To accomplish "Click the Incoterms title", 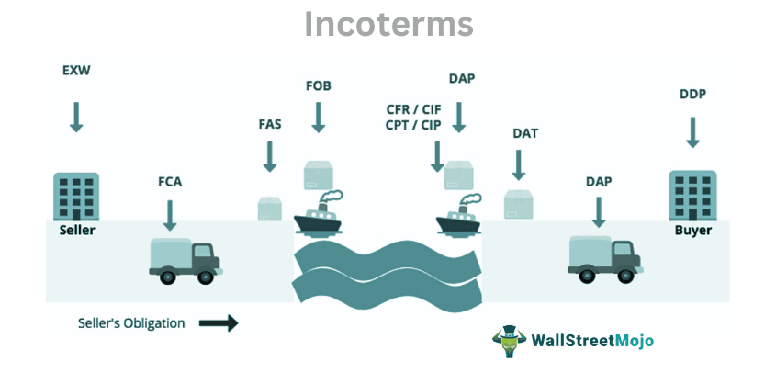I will pos(388,25).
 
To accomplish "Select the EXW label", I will pos(76,70).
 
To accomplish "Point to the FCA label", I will pos(170,181).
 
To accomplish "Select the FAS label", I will pos(269,124).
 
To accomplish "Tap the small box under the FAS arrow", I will pos(270,209).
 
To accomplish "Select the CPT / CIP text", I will pos(413,126).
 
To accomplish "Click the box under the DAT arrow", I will pos(519,204).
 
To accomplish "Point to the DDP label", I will pos(692,94).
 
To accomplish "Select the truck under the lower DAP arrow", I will pos(602,256).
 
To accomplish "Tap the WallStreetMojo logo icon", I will pos(506,340).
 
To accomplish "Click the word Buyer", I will pos(693,231).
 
